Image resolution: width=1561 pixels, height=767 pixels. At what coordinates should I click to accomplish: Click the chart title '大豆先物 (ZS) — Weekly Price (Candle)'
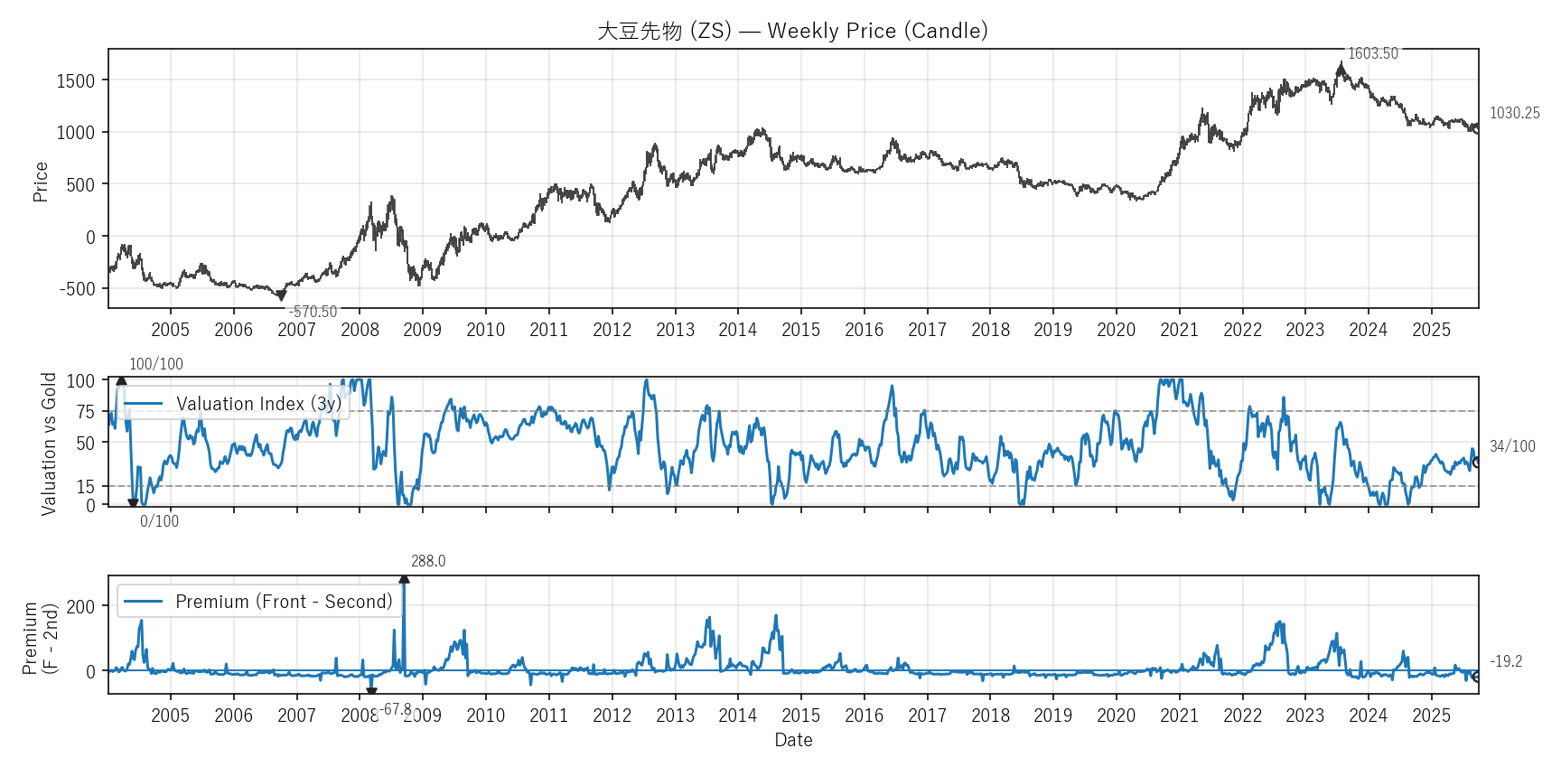coord(792,31)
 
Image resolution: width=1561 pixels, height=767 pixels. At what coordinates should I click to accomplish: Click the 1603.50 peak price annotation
coord(1372,54)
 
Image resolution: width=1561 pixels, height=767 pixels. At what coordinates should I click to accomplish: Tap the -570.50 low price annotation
coord(313,312)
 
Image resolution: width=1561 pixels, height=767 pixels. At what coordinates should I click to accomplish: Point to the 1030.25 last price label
coord(1514,113)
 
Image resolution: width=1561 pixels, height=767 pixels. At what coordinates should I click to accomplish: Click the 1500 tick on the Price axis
coord(76,80)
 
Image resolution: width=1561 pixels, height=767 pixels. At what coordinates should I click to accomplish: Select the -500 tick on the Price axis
coord(78,289)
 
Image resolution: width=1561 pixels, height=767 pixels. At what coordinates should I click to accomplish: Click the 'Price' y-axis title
coord(41,182)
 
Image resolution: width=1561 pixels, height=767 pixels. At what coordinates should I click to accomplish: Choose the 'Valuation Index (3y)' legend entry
coord(258,404)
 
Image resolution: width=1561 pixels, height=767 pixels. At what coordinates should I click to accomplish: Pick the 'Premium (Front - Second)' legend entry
coord(284,602)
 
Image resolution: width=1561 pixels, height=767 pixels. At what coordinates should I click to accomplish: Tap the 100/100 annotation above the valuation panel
coord(156,364)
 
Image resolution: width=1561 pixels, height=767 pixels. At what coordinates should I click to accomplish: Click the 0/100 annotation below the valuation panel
coord(159,521)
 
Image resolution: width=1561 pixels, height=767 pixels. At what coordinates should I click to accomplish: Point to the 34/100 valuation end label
coord(1512,446)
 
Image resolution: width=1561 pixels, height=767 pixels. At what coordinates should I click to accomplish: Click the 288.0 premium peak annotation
coord(428,561)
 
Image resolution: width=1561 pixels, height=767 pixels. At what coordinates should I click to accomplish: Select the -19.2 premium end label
coord(1506,661)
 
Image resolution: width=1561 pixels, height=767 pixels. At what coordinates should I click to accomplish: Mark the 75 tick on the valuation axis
coord(85,412)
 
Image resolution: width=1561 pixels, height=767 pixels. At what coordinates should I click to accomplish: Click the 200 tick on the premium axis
coord(80,607)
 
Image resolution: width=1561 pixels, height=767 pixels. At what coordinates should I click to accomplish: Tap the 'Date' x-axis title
coord(793,740)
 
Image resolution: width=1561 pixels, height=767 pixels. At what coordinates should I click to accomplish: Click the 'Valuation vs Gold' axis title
coord(49,444)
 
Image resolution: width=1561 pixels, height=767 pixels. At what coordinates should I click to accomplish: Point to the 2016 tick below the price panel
coord(864,330)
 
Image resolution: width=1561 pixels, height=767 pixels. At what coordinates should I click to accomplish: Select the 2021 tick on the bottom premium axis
coord(1179,716)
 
